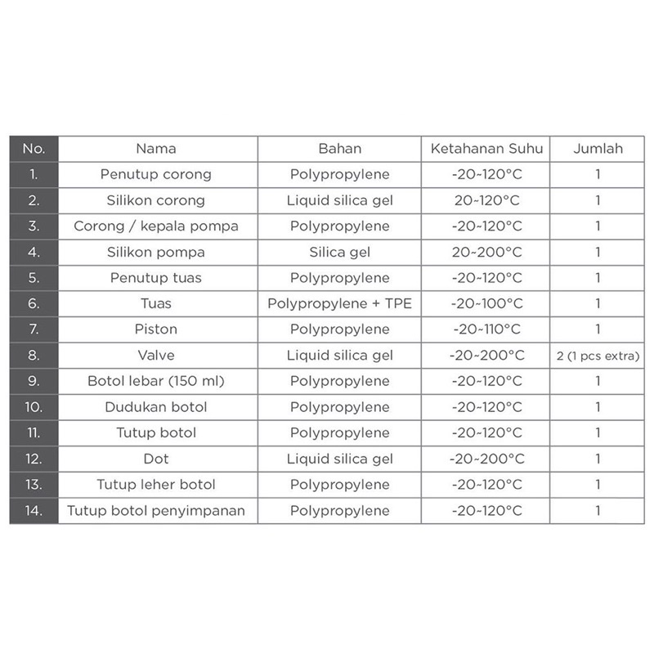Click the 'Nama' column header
(x=156, y=149)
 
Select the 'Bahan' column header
(x=339, y=149)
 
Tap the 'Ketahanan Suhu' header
(x=486, y=149)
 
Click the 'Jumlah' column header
(x=598, y=149)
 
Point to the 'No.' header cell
(x=34, y=149)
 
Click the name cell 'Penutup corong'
(x=156, y=174)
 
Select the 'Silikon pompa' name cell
(x=156, y=252)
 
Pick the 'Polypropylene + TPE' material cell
(x=339, y=304)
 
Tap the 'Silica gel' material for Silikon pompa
(x=339, y=252)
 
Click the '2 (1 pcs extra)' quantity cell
(x=598, y=356)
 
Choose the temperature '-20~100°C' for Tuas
(x=486, y=304)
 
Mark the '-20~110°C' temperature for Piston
(x=486, y=329)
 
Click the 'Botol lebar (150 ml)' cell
(x=156, y=381)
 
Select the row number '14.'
(x=34, y=511)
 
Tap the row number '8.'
(x=34, y=356)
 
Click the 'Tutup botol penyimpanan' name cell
(x=156, y=511)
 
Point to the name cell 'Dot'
(x=156, y=459)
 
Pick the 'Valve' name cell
(x=156, y=356)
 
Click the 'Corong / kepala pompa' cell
(x=156, y=226)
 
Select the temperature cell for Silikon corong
(x=486, y=200)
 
